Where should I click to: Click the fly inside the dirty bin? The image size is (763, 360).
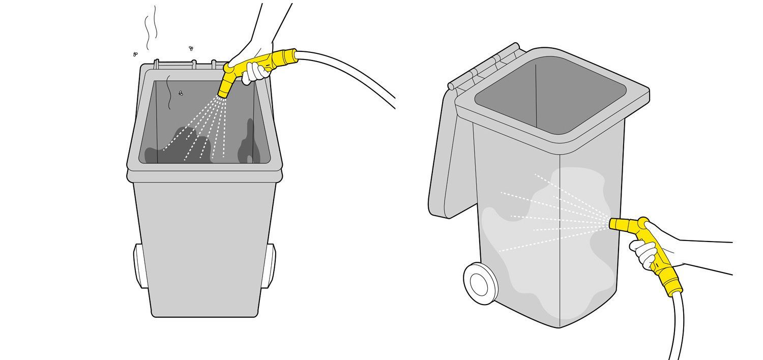pos(181,93)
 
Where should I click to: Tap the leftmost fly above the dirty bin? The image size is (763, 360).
pos(135,53)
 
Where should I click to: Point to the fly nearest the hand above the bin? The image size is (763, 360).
pos(191,48)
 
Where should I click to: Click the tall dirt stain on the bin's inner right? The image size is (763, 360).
pos(249,142)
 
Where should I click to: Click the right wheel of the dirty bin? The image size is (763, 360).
pos(270,265)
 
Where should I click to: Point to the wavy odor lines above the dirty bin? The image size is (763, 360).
pos(150,28)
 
